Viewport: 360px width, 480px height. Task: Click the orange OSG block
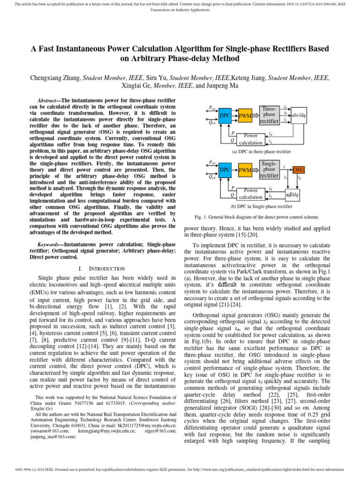[x=298, y=169]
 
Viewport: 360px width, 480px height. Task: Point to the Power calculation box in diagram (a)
[x=254, y=139]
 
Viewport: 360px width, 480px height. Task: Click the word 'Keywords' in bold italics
[x=49, y=245]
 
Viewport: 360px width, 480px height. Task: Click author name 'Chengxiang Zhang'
[x=55, y=78]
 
